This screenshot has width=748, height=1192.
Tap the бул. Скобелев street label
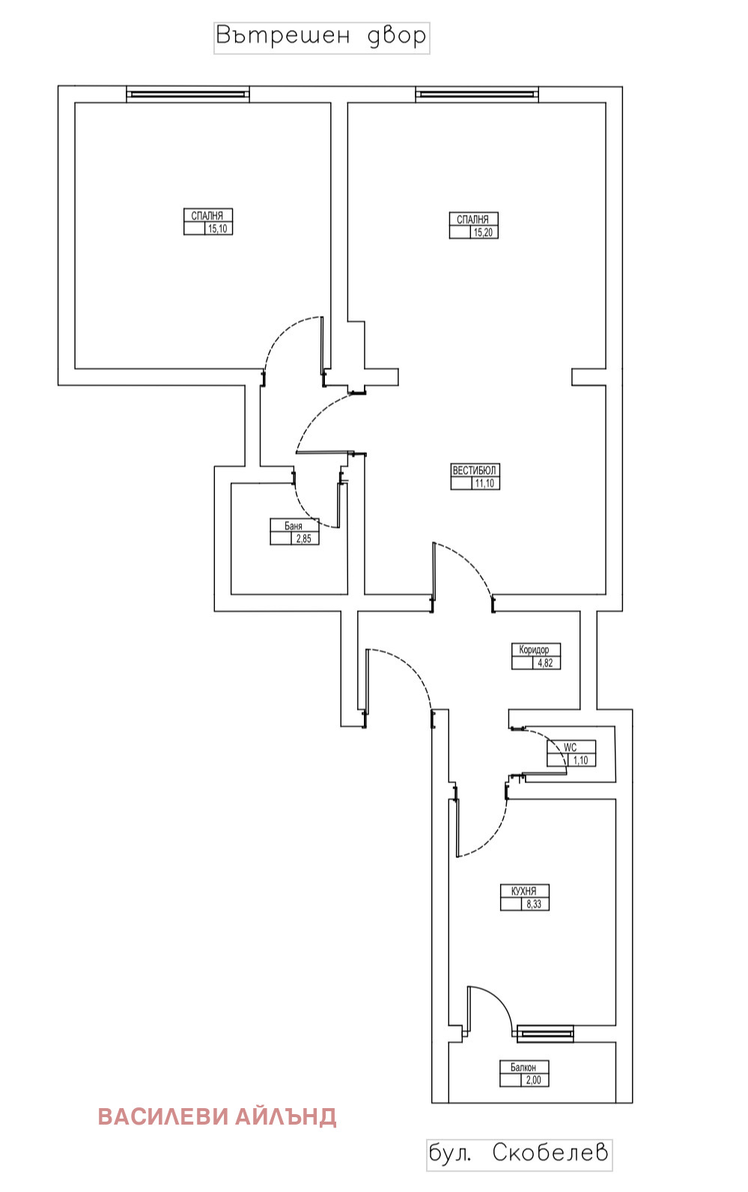(519, 1153)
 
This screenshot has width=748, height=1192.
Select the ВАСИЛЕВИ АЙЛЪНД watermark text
(217, 1116)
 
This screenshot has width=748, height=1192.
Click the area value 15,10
(218, 229)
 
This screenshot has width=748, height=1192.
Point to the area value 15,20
(484, 233)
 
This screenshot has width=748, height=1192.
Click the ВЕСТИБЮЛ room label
(475, 470)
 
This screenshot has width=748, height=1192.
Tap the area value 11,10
(484, 484)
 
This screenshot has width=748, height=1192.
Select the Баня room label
(294, 526)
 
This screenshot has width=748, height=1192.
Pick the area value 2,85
(303, 538)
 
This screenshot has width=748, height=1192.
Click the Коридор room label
(535, 650)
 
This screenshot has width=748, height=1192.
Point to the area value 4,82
(545, 663)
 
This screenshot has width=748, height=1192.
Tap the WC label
(571, 747)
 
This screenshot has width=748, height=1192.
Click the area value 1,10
(580, 761)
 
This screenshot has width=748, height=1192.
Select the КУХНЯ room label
(523, 891)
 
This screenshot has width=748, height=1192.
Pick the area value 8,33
(534, 904)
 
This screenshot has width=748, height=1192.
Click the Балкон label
(523, 1067)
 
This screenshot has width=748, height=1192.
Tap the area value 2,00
(533, 1080)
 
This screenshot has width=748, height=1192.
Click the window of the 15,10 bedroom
(187, 94)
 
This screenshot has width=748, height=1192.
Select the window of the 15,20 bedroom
(477, 94)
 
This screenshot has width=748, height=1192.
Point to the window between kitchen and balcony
(545, 1034)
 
